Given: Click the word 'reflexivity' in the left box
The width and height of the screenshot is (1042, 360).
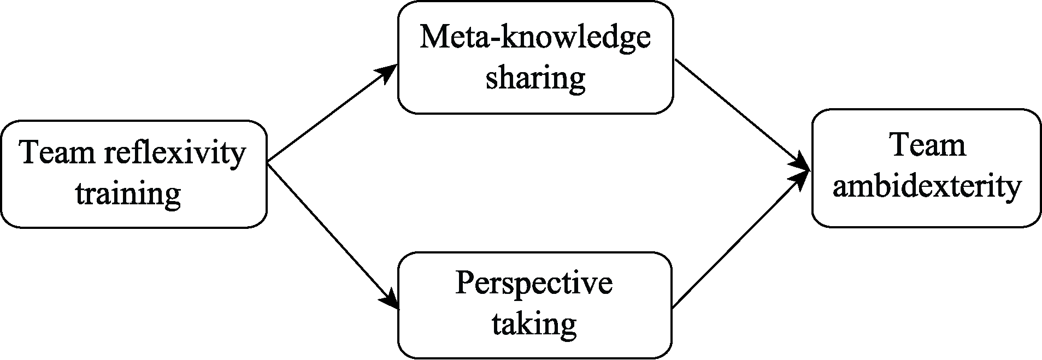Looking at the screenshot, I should click(x=175, y=153).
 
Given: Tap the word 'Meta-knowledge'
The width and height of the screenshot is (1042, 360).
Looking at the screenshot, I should click(x=535, y=38).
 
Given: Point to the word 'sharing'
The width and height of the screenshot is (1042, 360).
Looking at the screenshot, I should click(x=535, y=78).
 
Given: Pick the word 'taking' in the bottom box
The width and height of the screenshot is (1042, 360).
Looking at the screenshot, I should click(x=534, y=323).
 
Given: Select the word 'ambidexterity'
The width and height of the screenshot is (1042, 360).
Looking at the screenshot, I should click(x=927, y=187).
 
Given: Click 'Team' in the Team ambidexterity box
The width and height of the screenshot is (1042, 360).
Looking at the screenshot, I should click(x=927, y=146).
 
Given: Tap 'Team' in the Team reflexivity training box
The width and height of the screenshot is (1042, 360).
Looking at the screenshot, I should click(x=58, y=153).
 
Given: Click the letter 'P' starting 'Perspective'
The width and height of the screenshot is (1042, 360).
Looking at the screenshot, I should click(x=464, y=283).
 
